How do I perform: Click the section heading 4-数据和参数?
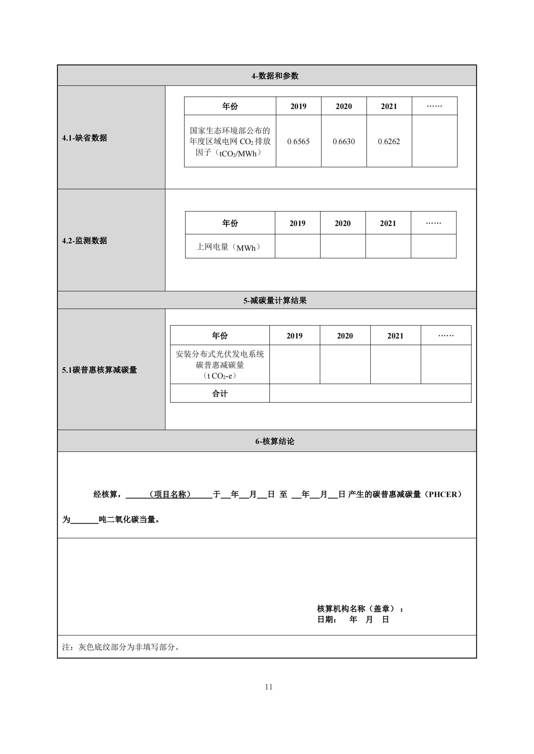[x=275, y=76]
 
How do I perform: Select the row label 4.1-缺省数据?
[x=85, y=138]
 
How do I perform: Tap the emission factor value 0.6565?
[x=298, y=142]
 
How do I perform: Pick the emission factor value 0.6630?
[x=344, y=142]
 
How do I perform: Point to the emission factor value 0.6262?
[x=389, y=142]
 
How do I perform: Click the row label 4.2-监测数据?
[x=85, y=241]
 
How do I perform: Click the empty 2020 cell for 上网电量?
[x=343, y=246]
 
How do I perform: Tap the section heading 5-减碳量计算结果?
[x=275, y=300]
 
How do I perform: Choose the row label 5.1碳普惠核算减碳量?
[x=99, y=370]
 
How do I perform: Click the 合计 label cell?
[x=220, y=393]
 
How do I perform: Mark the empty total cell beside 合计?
[x=370, y=393]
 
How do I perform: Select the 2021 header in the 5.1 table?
[x=395, y=336]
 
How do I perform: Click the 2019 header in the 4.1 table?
[x=298, y=106]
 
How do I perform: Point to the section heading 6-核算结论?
[x=275, y=441]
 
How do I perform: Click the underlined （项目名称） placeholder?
[x=170, y=494]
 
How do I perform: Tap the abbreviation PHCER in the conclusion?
[x=443, y=494]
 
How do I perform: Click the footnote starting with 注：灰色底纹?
[x=121, y=647]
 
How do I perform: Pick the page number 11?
[x=269, y=687]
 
